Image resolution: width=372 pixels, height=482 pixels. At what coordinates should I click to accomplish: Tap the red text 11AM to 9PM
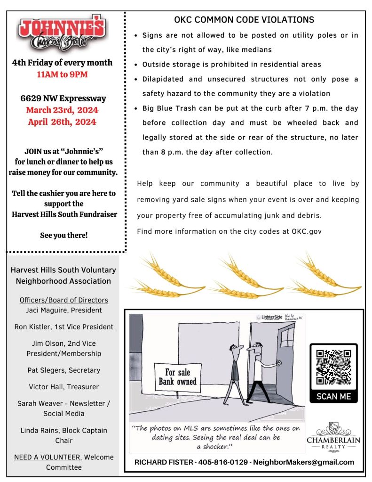tap(63, 74)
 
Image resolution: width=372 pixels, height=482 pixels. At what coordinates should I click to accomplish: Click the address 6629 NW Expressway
tap(63, 98)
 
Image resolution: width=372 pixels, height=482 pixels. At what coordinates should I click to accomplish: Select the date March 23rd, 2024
tap(62, 110)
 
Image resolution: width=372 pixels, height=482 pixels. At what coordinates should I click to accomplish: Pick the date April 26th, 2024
tap(62, 122)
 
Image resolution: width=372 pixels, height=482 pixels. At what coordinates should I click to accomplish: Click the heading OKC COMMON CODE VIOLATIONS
tap(244, 20)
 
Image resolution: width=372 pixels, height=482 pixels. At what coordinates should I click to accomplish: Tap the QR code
tap(333, 367)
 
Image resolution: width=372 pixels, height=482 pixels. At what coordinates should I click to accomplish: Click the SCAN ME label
tap(333, 396)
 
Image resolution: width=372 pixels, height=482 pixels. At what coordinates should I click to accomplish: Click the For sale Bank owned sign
tap(177, 377)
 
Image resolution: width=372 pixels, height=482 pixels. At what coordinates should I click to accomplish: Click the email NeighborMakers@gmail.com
tap(303, 462)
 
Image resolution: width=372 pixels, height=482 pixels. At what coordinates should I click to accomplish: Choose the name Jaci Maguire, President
tap(64, 310)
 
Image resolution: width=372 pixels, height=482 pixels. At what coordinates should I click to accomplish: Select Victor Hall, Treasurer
tap(64, 387)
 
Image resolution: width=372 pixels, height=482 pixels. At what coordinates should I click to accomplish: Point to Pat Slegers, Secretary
tap(64, 370)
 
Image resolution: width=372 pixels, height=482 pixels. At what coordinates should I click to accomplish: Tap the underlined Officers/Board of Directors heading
tap(64, 300)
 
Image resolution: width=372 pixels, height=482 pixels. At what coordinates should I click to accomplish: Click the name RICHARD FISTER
tap(163, 462)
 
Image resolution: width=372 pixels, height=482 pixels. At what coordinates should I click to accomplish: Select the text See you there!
tap(64, 235)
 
